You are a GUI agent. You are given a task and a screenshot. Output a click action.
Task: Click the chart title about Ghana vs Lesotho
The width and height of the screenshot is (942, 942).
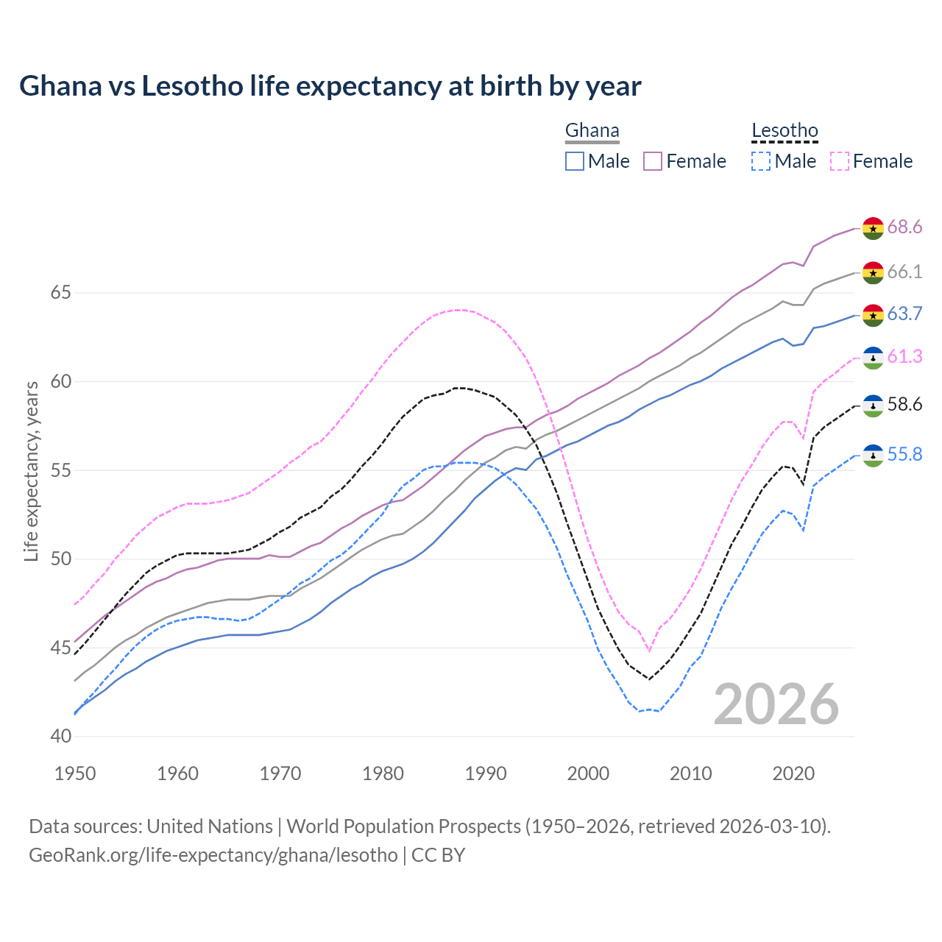[x=330, y=86]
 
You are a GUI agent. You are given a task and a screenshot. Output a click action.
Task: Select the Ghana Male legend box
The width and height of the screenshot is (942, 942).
[x=575, y=161]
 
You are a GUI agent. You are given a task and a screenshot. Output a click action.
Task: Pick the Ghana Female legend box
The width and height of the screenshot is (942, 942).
[x=653, y=161]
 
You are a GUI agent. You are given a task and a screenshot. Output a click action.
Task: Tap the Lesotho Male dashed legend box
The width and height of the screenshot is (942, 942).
[x=761, y=161]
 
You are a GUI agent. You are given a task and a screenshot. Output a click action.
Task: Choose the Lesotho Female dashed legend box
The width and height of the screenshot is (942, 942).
[x=839, y=161]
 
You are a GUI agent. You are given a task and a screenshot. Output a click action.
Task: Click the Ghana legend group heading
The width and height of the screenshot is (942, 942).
[x=592, y=131]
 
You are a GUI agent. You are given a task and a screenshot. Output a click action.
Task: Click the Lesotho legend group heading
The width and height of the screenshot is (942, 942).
[x=785, y=131]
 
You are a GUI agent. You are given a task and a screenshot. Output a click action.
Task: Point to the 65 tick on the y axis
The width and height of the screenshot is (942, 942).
[x=60, y=293]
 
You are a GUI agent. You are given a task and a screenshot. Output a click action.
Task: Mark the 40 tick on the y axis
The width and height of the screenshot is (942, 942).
[x=60, y=737]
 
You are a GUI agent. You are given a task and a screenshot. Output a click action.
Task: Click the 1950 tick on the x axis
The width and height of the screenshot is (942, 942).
[x=75, y=773]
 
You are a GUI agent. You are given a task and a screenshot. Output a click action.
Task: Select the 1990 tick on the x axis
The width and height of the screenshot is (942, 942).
[x=486, y=773]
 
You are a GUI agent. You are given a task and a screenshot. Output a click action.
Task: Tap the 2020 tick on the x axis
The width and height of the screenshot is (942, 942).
[x=793, y=773]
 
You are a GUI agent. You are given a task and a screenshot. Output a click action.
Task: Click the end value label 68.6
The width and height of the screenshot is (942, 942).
[x=904, y=227]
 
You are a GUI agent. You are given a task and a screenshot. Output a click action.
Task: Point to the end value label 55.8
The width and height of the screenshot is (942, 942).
[x=904, y=455]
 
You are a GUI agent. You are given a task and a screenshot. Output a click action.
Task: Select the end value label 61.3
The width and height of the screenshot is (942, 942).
[x=904, y=357]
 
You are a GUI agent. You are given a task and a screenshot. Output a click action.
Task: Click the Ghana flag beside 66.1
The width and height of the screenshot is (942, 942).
[x=873, y=272]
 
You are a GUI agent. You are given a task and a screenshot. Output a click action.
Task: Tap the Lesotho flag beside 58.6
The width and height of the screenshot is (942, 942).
[x=873, y=406]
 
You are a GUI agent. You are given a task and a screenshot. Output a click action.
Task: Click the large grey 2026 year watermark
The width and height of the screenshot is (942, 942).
[x=776, y=704]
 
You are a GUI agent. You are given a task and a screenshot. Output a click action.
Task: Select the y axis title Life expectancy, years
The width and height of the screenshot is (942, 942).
[x=32, y=471]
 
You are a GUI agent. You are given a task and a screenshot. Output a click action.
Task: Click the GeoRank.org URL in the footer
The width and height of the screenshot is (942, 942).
[x=213, y=855]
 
